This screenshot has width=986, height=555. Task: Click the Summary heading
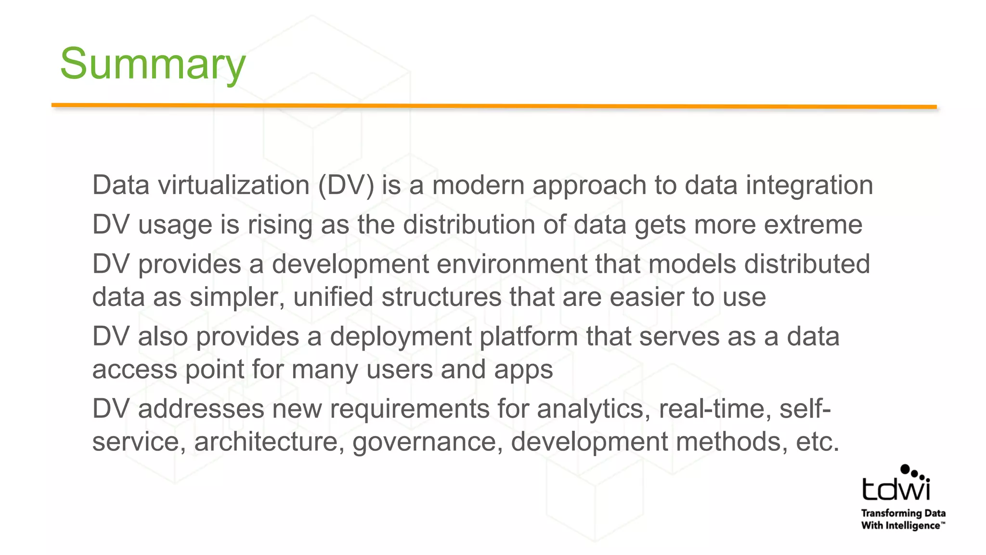(153, 64)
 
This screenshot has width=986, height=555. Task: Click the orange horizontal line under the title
(494, 106)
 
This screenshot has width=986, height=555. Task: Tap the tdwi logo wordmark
(896, 489)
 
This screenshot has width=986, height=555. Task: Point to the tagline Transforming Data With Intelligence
(903, 519)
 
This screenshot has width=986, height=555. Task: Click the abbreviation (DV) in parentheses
(346, 185)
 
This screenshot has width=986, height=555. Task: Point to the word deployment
(401, 337)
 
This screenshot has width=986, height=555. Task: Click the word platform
(529, 337)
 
